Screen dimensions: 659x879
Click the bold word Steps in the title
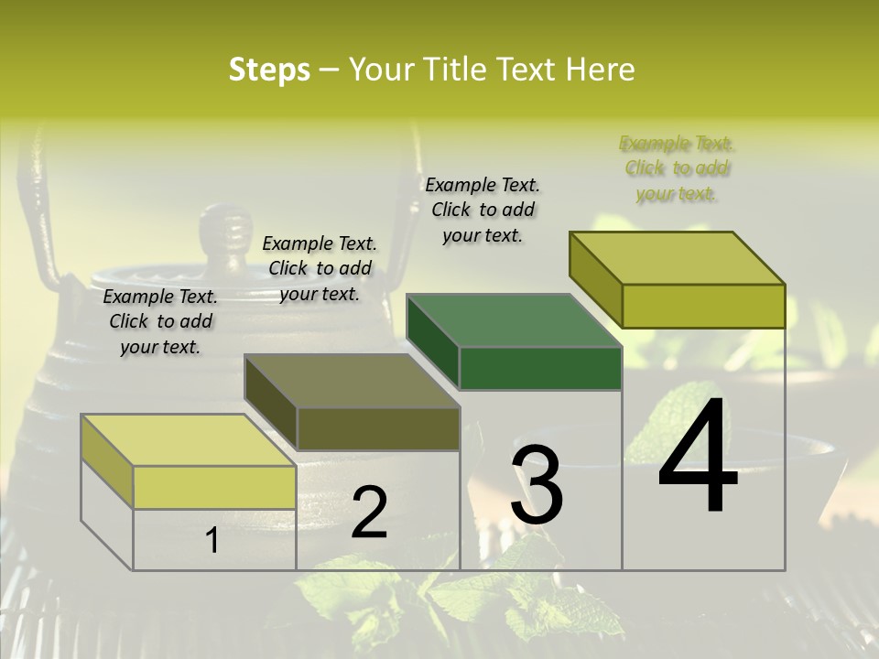[269, 70]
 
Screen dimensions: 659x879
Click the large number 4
[698, 458]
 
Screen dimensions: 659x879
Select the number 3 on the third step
[536, 484]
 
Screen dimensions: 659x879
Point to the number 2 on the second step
[369, 513]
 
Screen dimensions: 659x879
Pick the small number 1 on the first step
[212, 540]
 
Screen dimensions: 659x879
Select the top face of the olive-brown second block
[352, 381]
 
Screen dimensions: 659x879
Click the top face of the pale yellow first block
[188, 440]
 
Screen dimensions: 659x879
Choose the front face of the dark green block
[540, 369]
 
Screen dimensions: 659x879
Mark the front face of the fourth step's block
[703, 306]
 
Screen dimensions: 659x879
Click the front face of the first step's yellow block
[214, 487]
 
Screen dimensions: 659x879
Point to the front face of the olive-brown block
[378, 428]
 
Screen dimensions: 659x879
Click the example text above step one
[160, 322]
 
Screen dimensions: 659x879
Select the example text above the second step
[320, 268]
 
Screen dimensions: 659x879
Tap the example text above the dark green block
[483, 210]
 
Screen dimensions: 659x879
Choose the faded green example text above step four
[677, 168]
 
